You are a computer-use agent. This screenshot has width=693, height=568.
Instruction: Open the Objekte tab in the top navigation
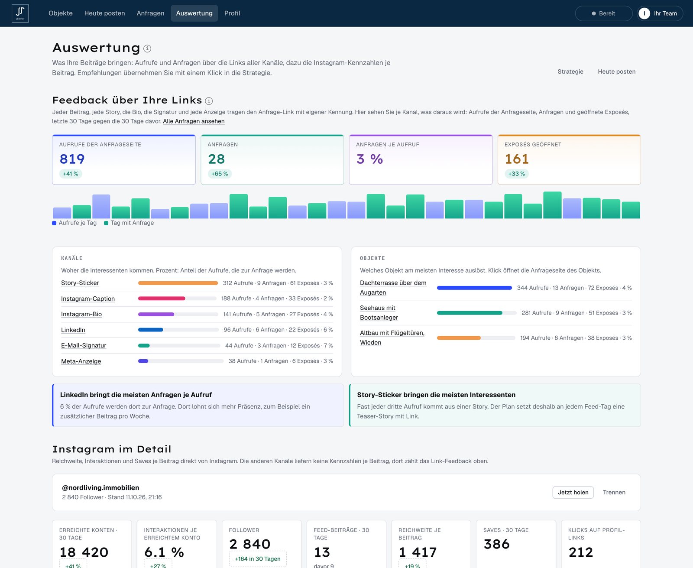[x=61, y=13]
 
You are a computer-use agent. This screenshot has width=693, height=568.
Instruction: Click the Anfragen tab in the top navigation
[x=150, y=13]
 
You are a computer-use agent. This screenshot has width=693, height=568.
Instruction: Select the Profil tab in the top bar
[x=232, y=13]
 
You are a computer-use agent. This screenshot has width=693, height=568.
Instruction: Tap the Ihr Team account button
[x=660, y=13]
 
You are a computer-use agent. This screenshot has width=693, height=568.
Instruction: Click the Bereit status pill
[x=604, y=13]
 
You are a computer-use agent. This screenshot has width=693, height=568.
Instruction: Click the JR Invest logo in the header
[x=20, y=13]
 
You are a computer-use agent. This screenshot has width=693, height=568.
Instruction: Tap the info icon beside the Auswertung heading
[x=147, y=49]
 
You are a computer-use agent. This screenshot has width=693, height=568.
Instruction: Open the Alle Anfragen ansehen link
[x=194, y=121]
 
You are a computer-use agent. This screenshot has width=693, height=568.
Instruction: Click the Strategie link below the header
[x=570, y=71]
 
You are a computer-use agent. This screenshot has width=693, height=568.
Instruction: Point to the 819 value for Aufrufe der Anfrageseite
[x=72, y=159]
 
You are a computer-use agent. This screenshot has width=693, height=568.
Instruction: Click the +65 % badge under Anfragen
[x=220, y=174]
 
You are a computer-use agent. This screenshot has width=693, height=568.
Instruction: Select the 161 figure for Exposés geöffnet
[x=517, y=159]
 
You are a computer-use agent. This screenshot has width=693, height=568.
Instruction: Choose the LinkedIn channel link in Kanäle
[x=73, y=330]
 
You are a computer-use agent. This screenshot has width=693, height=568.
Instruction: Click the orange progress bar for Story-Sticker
[x=178, y=283]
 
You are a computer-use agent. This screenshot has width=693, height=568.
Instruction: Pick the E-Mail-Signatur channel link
[x=84, y=345]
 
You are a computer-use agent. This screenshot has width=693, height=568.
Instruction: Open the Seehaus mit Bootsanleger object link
[x=379, y=313]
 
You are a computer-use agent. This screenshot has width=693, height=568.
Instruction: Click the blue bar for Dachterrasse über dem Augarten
[x=474, y=288]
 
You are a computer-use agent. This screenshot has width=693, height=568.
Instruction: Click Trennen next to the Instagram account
[x=614, y=493]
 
